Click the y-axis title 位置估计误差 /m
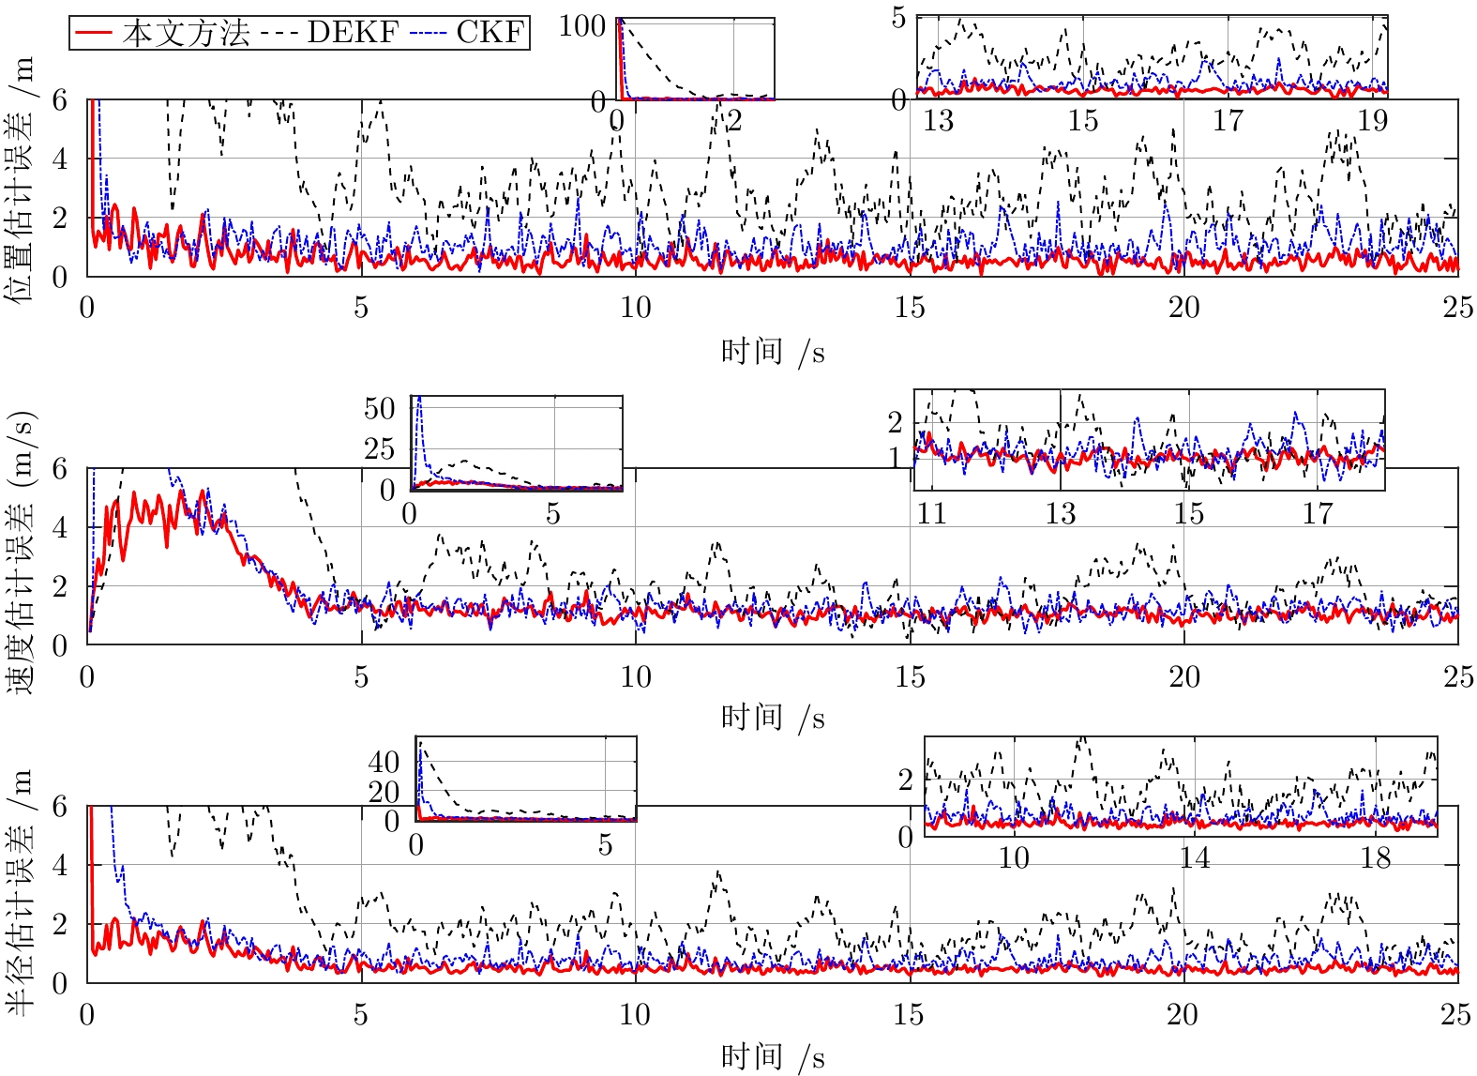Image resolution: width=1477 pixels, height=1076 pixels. [x=20, y=178]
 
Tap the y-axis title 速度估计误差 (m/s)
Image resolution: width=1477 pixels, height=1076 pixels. [x=20, y=553]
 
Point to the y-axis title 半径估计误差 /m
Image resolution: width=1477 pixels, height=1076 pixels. [x=20, y=891]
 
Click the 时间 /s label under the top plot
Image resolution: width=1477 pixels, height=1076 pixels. [x=773, y=352]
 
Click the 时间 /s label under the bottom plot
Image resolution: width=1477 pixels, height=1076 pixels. [x=773, y=1057]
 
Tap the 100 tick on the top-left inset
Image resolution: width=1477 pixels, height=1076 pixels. [x=581, y=25]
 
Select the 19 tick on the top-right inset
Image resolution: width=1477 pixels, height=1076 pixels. [x=1372, y=120]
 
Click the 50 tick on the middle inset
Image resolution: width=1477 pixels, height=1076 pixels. [x=380, y=408]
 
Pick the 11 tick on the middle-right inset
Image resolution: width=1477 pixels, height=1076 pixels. [x=931, y=513]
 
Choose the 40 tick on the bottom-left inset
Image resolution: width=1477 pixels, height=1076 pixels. [x=384, y=762]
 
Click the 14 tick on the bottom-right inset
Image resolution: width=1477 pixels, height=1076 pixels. [x=1194, y=857]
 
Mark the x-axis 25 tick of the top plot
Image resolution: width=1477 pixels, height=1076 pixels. [x=1457, y=307]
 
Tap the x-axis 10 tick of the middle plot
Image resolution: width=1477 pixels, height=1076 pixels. [x=635, y=676]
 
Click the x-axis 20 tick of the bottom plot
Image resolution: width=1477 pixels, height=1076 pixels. [x=1183, y=1014]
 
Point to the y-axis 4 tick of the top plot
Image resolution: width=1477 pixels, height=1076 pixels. [x=60, y=159]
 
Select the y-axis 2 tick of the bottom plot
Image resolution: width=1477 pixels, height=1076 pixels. [x=60, y=924]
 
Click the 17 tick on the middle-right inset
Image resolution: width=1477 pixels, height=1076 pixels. [x=1317, y=513]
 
